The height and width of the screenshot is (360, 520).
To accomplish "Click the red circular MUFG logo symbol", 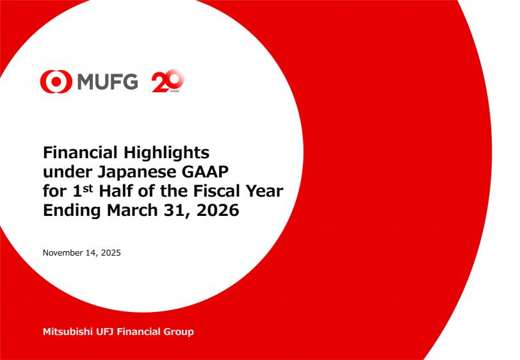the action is (56, 81).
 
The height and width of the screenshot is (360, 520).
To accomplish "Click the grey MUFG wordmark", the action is (108, 81).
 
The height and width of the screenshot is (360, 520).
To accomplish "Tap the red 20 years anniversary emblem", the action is (168, 81).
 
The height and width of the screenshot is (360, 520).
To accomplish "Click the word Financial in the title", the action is (80, 152).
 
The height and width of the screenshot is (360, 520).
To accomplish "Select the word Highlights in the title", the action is (167, 153).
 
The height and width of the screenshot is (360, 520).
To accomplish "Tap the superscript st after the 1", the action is (88, 188).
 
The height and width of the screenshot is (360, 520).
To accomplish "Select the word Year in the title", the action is (264, 191).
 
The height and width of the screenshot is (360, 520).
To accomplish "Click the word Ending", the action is (72, 211).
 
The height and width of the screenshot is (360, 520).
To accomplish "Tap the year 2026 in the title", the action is (218, 210).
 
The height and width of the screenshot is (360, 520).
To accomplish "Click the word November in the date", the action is (63, 253).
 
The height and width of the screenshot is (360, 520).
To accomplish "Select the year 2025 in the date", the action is (111, 253).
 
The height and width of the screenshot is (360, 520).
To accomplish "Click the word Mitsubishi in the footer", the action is (68, 331).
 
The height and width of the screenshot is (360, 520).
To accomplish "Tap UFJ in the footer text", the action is (105, 331).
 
